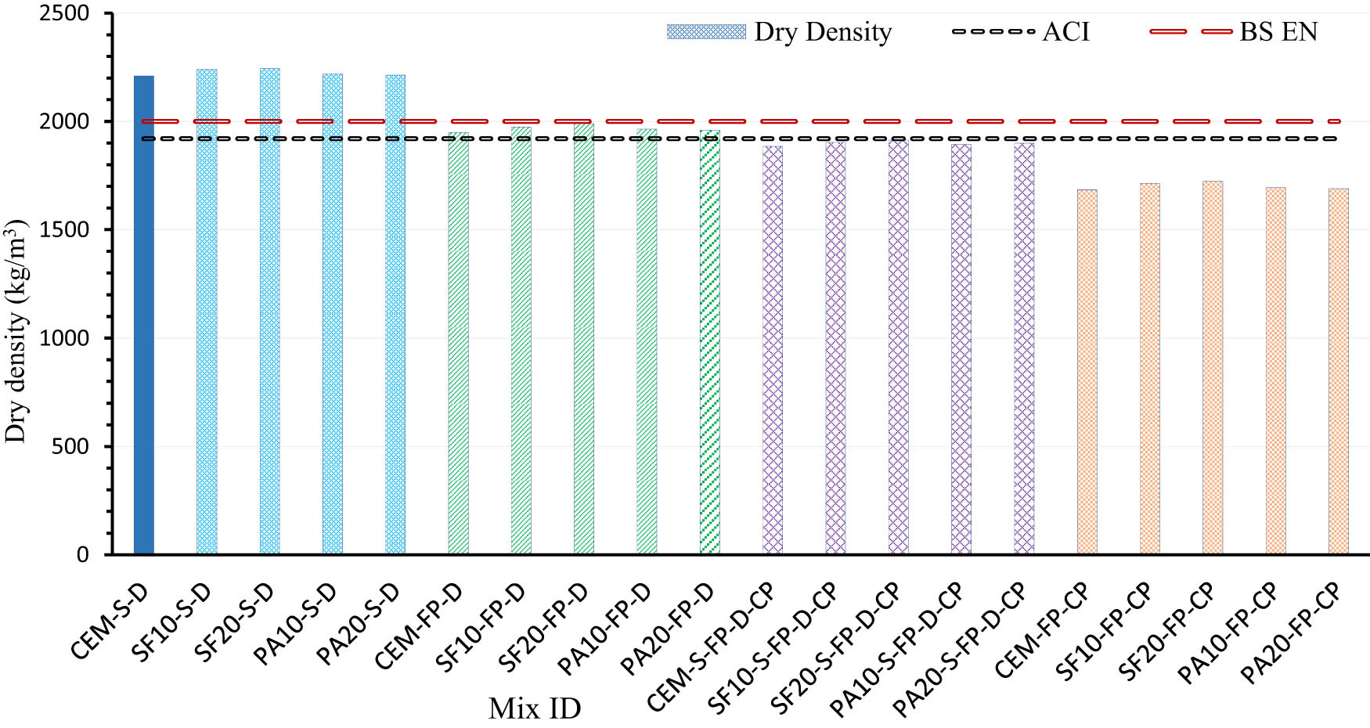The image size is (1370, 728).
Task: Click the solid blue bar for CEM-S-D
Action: tap(144, 313)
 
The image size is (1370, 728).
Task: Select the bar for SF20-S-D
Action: tap(270, 313)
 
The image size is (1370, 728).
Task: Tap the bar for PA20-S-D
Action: tap(395, 313)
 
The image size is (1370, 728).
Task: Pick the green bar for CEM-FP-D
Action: tap(459, 344)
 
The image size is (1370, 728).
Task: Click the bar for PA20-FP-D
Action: tap(710, 344)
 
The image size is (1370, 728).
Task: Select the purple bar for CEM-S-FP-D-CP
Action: tap(773, 352)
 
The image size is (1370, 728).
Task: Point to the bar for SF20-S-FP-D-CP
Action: tap(899, 352)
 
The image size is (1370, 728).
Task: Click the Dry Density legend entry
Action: tap(780, 32)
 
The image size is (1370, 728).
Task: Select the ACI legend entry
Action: tap(1022, 32)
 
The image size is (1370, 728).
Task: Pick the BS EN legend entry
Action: tap(1235, 32)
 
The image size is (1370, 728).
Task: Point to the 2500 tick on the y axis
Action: tap(65, 13)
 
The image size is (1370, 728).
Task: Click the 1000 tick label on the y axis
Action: tap(65, 338)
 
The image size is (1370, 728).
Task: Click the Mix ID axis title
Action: tap(535, 709)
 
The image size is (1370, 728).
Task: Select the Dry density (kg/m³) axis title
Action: tap(16, 331)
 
